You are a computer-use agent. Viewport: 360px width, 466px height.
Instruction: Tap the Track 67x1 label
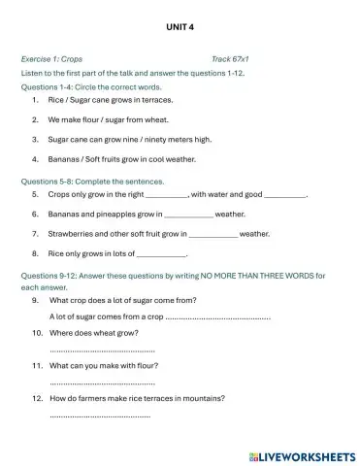point(230,58)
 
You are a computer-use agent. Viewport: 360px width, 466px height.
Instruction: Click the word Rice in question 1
point(56,99)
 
